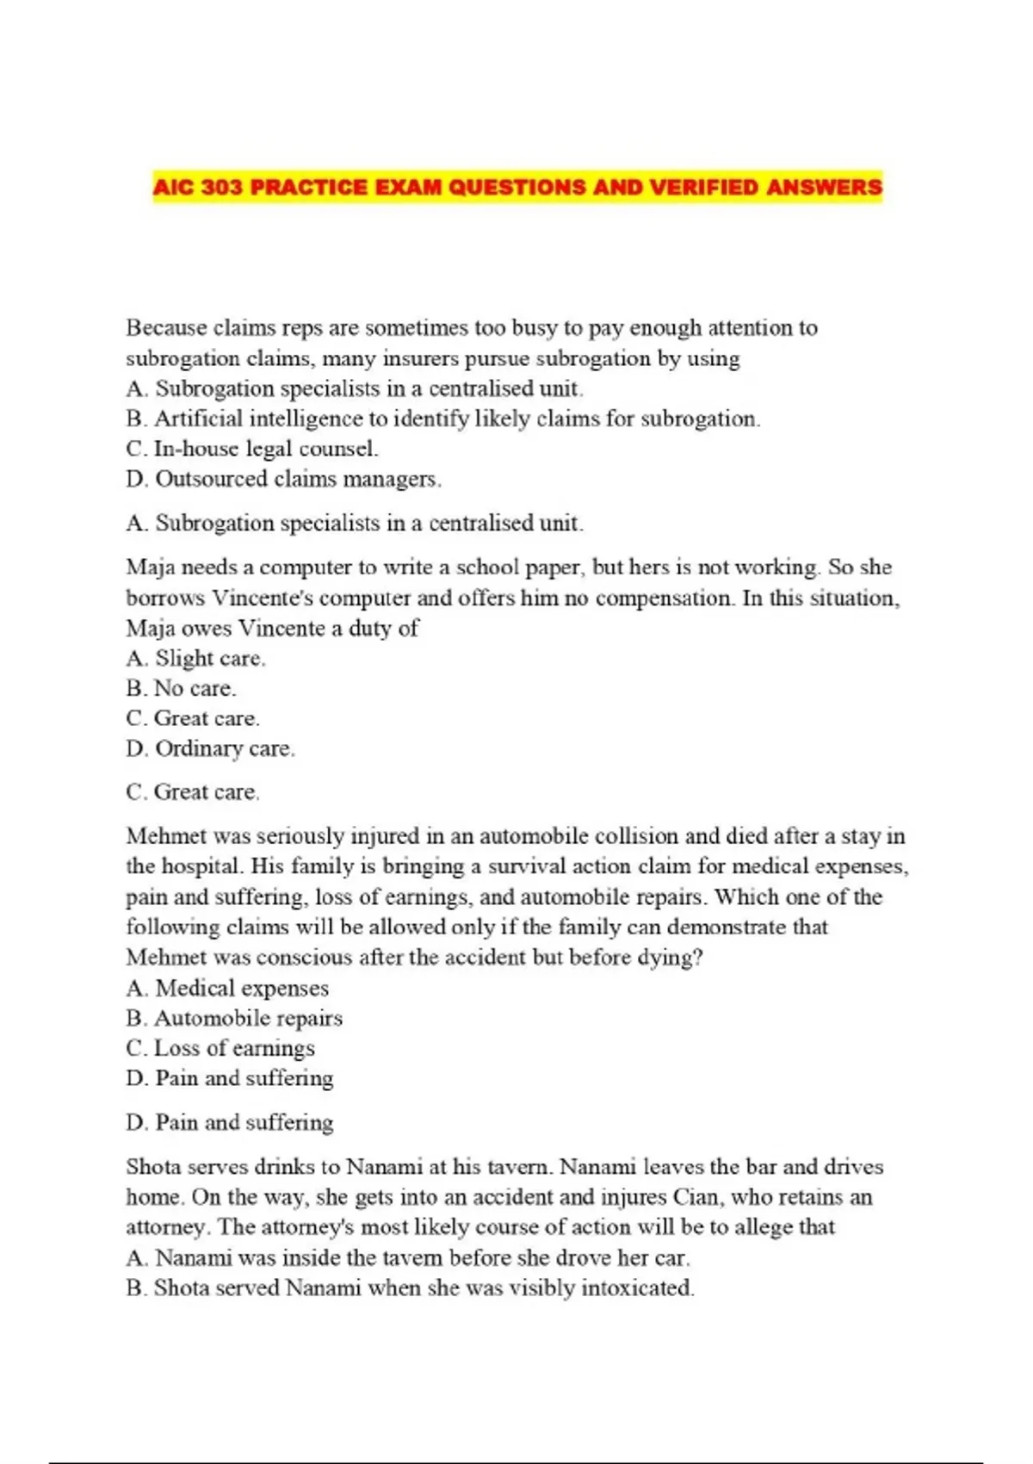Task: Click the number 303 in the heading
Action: pyautogui.click(x=222, y=187)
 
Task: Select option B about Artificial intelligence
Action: pyautogui.click(x=442, y=419)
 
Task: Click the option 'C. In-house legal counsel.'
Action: pyautogui.click(x=251, y=449)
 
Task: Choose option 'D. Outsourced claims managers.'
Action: pyautogui.click(x=283, y=479)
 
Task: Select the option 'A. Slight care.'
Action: pyautogui.click(x=195, y=659)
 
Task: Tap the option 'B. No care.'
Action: pyautogui.click(x=181, y=688)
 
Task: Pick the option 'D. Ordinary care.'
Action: pyautogui.click(x=210, y=748)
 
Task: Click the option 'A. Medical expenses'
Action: pyautogui.click(x=227, y=988)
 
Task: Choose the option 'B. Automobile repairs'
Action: pyautogui.click(x=234, y=1018)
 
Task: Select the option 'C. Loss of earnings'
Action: pyautogui.click(x=220, y=1048)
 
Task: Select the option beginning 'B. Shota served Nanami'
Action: pyautogui.click(x=410, y=1288)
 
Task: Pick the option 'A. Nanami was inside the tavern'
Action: pyautogui.click(x=407, y=1258)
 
